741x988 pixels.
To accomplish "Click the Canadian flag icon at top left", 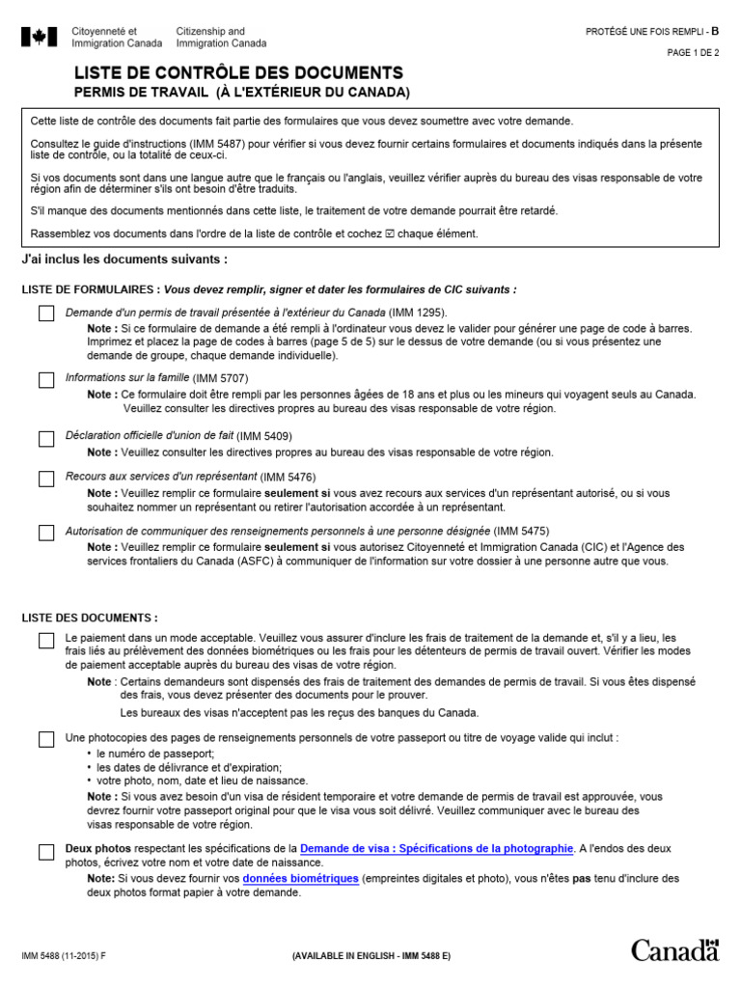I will [40, 38].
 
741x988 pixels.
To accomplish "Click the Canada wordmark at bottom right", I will [675, 949].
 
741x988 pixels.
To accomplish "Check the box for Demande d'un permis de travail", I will [46, 314].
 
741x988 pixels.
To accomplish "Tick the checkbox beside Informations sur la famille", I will [46, 380].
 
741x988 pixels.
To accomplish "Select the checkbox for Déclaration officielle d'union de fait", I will [46, 439].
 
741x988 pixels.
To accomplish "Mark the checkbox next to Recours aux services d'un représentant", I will [46, 480].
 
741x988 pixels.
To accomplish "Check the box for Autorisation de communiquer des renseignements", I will [46, 534].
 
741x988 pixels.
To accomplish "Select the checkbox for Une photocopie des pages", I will [46, 740].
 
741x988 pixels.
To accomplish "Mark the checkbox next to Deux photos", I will [46, 851].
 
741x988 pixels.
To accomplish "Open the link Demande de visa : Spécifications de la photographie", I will [436, 848].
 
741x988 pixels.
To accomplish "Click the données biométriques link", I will [300, 879].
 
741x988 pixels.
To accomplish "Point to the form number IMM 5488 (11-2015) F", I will [67, 955].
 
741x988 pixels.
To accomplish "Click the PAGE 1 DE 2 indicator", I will [693, 53].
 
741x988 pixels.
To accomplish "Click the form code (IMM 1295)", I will [418, 313].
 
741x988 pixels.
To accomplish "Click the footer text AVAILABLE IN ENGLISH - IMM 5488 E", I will [371, 955].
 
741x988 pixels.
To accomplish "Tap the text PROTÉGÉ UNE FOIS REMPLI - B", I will [652, 32].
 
